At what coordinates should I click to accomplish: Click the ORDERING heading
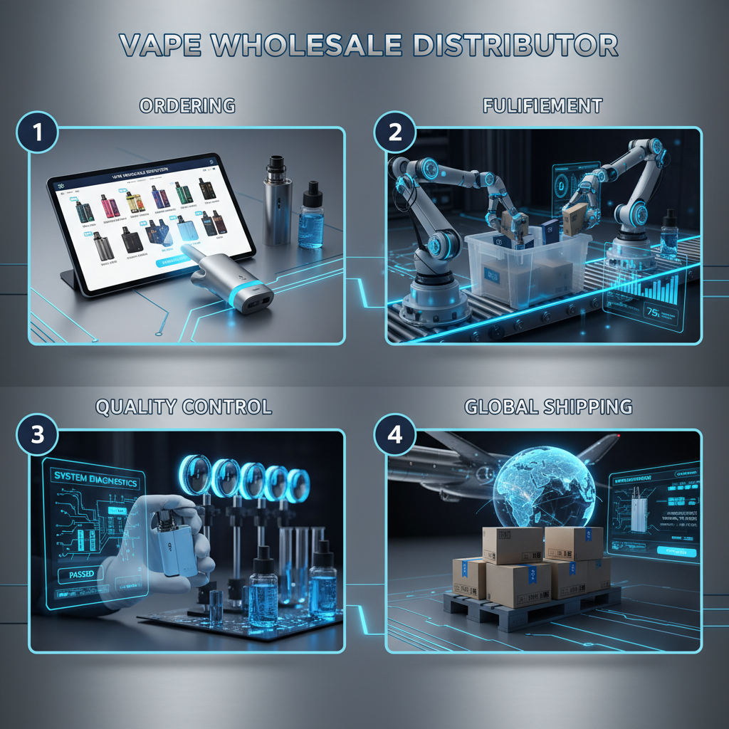coord(187,106)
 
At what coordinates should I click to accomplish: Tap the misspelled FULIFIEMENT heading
coord(542,106)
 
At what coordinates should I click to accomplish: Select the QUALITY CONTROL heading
coord(183,407)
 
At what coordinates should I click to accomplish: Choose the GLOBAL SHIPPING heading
coord(548,407)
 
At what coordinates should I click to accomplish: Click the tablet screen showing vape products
coord(150,221)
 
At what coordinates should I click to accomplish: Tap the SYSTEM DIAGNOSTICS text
coord(94,481)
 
